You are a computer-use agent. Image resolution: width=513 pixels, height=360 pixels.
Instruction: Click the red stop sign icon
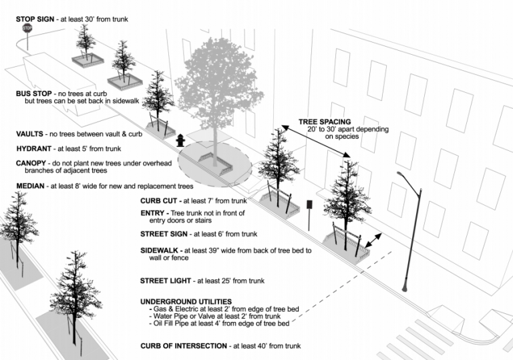[27, 29]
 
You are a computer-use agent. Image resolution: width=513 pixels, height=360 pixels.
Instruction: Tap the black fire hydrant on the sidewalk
[180, 140]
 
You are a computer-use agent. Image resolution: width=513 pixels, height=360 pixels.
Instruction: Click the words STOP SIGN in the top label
[36, 19]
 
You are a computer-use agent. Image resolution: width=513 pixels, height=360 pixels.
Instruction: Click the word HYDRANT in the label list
[34, 149]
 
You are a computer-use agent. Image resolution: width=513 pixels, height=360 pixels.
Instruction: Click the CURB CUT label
[161, 200]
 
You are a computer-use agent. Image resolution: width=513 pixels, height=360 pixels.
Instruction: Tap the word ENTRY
[154, 213]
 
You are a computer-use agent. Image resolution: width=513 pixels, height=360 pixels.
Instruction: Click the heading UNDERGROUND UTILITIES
[186, 302]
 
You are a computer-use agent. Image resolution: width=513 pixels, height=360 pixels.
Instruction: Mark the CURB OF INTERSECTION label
[182, 346]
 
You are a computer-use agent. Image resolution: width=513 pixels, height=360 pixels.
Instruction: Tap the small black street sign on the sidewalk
[309, 206]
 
